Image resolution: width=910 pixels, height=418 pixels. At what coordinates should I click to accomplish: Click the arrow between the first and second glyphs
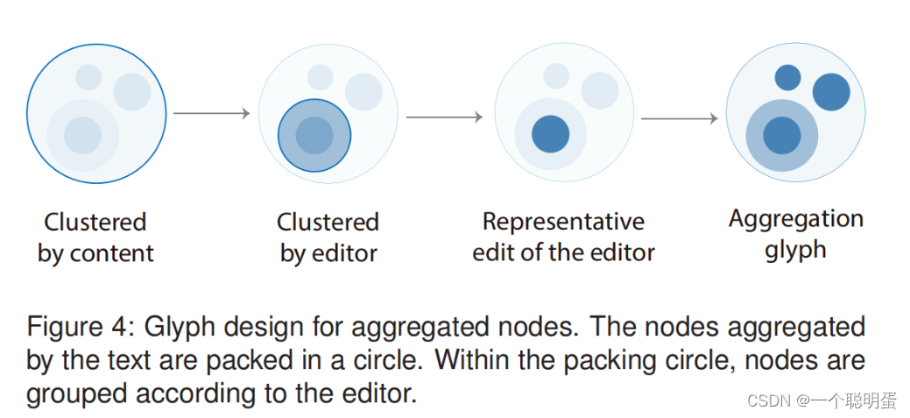(211, 113)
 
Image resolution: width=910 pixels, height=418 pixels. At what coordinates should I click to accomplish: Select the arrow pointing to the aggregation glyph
(679, 117)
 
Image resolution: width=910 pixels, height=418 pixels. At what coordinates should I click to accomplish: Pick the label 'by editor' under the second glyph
(328, 254)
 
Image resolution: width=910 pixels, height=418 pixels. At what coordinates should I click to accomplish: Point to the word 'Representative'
(563, 222)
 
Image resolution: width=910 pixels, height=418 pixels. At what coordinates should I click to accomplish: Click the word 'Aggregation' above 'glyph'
(795, 219)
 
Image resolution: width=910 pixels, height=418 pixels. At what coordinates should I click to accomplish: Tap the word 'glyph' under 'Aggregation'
(795, 251)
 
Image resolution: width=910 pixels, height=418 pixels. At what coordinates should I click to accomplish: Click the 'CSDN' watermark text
(767, 400)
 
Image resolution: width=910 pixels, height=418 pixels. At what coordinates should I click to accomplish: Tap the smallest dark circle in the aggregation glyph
(787, 78)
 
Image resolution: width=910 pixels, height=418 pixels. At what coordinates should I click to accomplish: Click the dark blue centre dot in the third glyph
(551, 134)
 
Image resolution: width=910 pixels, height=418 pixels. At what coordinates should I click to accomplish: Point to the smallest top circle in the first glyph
(88, 77)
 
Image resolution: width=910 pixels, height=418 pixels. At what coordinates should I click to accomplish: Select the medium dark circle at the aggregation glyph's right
(831, 92)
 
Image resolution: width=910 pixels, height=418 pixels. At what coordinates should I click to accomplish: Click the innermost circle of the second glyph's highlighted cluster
(314, 136)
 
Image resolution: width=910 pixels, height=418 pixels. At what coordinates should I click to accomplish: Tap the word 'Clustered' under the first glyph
(95, 223)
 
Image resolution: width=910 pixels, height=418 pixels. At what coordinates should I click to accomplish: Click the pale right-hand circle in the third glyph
(600, 90)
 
